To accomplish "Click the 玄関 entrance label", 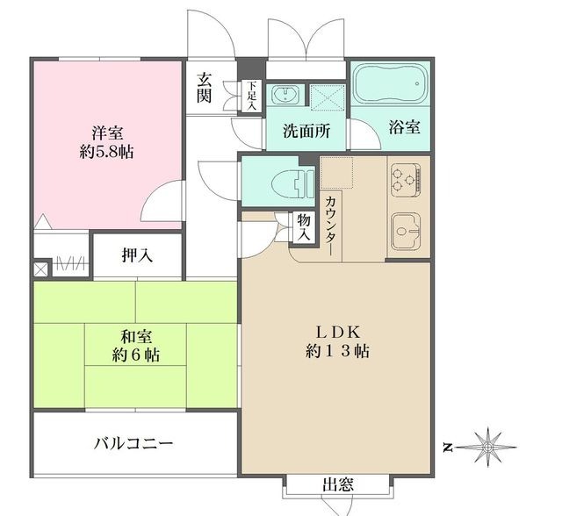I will click(x=205, y=87).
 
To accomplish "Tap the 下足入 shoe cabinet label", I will click(x=252, y=96).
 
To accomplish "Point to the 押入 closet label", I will click(x=137, y=256).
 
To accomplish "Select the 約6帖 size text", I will click(x=135, y=355).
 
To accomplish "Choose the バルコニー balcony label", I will click(x=133, y=443).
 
